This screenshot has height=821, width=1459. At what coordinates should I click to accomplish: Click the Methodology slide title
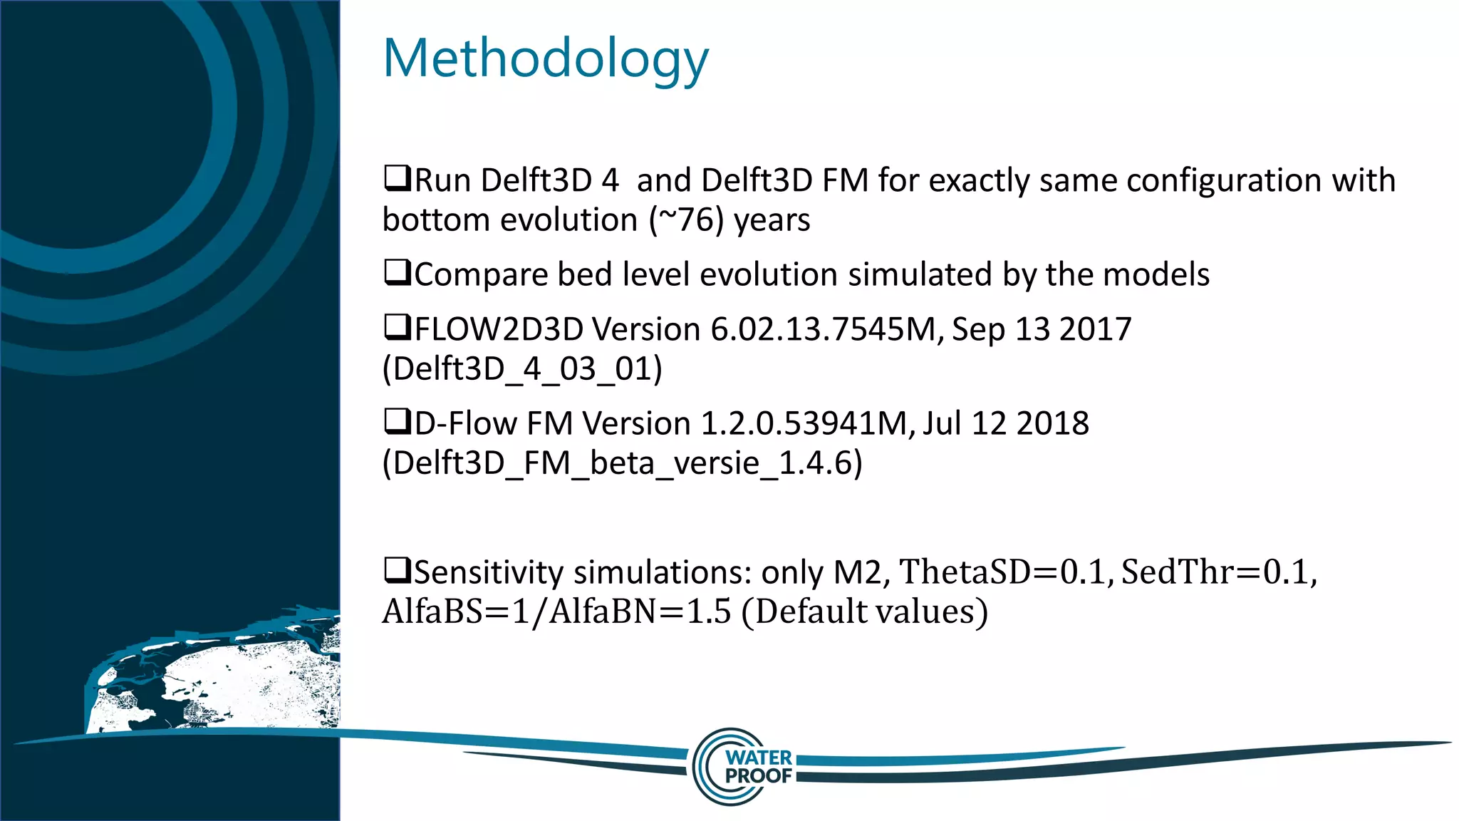(x=546, y=59)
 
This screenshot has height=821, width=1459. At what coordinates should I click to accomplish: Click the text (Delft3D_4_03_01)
(x=522, y=369)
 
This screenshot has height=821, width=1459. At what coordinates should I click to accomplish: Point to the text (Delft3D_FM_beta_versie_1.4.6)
(x=622, y=463)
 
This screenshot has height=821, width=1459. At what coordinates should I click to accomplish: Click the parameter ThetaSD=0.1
(x=1005, y=572)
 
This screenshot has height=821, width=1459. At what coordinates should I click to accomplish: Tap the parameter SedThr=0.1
(x=1217, y=572)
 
